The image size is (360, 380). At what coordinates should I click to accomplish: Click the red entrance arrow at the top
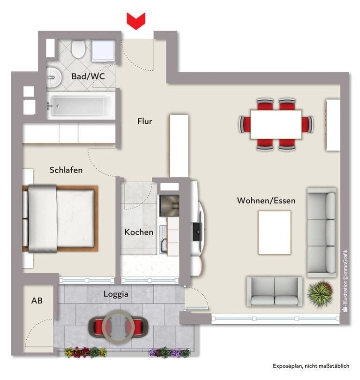[x=136, y=22]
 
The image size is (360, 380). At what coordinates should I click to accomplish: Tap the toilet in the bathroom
[x=78, y=49]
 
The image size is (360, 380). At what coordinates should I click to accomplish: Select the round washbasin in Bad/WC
[x=54, y=78]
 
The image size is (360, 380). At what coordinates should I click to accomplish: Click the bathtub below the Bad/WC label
[x=81, y=105]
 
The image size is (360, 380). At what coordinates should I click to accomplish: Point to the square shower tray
[x=103, y=51]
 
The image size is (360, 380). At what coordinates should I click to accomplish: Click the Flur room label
[x=145, y=121]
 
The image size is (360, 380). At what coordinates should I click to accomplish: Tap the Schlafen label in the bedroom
[x=66, y=170]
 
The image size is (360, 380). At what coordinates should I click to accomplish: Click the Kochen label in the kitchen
[x=139, y=232]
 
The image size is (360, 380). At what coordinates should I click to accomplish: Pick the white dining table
[x=276, y=124]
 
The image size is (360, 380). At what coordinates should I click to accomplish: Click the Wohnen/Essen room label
[x=266, y=201]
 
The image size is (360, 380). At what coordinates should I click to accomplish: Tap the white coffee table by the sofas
[x=274, y=232]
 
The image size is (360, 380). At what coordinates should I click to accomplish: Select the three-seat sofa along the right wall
[x=322, y=232]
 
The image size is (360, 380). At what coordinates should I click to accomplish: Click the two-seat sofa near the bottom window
[x=274, y=291]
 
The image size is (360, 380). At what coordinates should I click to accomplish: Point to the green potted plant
[x=320, y=294]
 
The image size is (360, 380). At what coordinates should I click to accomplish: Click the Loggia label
[x=116, y=294]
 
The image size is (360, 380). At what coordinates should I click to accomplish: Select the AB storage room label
[x=37, y=300]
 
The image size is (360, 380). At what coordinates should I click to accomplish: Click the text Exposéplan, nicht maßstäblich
[x=311, y=365]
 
